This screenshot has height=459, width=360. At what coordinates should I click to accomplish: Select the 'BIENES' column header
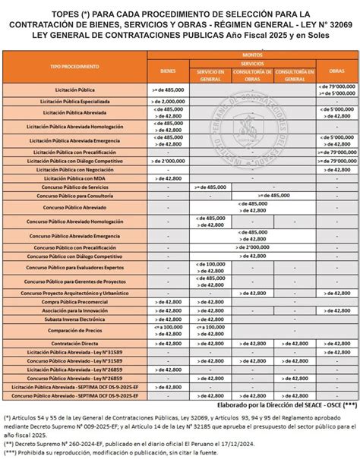(167, 71)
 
